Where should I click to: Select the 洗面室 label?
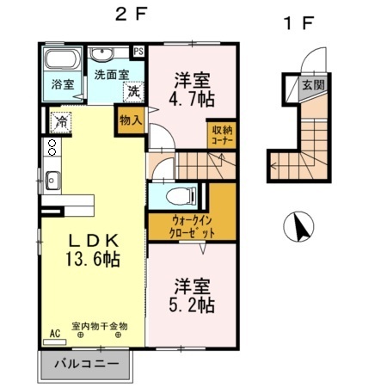click(111, 74)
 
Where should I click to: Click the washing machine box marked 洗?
click(133, 90)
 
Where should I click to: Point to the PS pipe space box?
click(139, 51)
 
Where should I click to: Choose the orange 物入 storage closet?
click(129, 121)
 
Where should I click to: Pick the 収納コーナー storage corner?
click(222, 134)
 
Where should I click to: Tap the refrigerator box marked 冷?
click(61, 121)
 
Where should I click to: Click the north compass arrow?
click(300, 228)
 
